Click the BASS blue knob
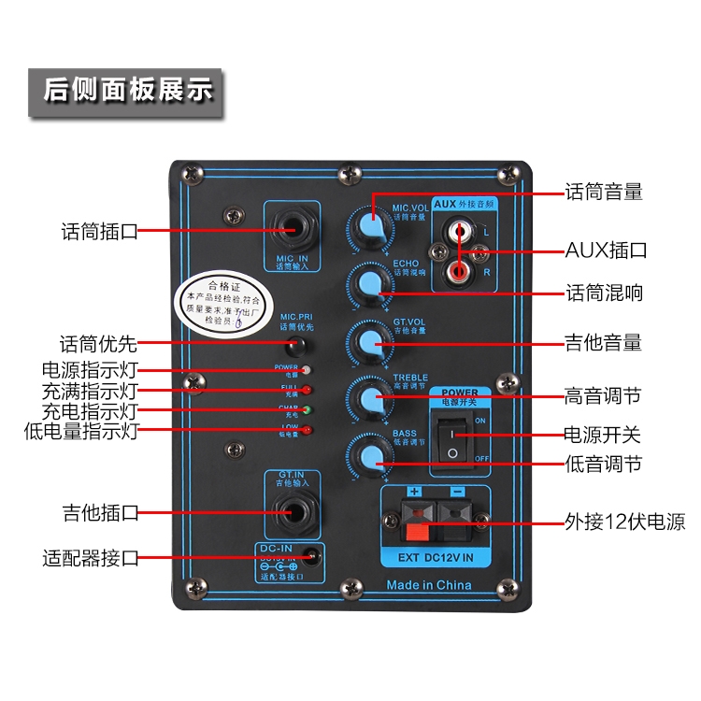click(368, 455)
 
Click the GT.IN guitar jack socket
click(292, 511)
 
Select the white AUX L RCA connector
click(460, 229)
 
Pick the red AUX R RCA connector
click(460, 272)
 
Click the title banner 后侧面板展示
click(128, 91)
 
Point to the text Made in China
click(429, 585)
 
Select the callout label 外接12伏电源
click(624, 521)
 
